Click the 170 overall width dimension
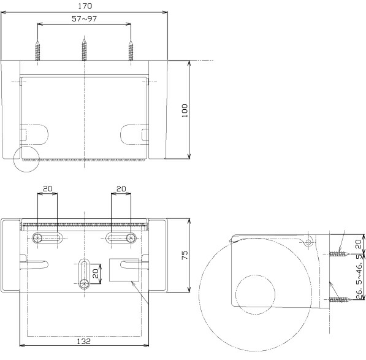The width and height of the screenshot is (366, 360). point(85,6)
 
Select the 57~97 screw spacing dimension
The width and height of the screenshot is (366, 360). point(84,18)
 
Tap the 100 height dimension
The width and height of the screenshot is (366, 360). point(185,110)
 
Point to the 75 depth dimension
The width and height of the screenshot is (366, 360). point(185,255)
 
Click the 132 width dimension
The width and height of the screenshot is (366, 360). point(83,342)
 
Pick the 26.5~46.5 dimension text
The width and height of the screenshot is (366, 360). point(360,277)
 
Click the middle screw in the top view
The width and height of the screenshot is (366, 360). point(84,50)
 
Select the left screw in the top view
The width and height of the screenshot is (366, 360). point(37,51)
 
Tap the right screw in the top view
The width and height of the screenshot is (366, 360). point(131,51)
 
